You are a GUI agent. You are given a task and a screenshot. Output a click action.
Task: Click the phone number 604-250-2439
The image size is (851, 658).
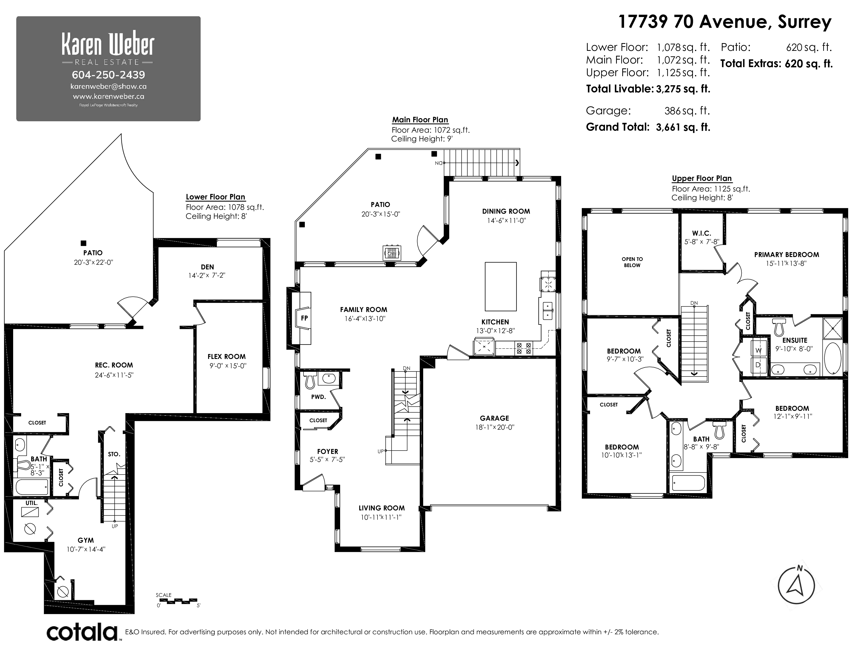[x=108, y=75]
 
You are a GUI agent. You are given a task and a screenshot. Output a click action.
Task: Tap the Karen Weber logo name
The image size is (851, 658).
[x=108, y=45]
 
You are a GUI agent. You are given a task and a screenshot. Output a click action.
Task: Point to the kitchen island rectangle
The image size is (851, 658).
[x=501, y=286]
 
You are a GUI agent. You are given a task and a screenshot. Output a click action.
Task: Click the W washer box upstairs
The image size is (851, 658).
[x=758, y=350]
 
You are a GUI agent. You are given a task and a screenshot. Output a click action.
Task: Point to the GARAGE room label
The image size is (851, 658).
[x=494, y=418]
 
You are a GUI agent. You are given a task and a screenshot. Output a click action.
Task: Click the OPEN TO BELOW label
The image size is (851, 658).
[x=632, y=262]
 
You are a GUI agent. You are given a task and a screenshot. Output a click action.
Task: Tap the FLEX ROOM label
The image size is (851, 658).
[x=226, y=356]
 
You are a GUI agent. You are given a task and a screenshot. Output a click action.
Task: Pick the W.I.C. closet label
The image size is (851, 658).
[x=701, y=233]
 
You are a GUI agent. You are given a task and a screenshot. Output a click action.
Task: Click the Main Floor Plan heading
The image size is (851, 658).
[x=420, y=120]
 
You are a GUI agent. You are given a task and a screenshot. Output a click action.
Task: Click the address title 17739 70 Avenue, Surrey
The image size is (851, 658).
[x=725, y=22]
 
